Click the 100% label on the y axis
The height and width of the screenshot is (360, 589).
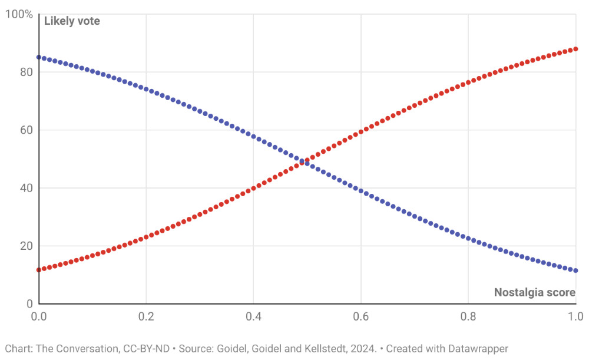19,14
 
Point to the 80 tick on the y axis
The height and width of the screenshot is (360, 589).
27,72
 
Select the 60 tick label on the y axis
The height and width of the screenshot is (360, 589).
27,130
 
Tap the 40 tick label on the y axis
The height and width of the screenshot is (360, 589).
27,188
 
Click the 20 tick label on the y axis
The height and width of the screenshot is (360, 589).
27,246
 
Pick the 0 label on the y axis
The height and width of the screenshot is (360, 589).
29,303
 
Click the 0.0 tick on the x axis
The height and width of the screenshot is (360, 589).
39,317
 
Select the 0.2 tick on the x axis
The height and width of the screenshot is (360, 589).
146,317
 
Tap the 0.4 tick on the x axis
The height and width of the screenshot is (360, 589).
253,317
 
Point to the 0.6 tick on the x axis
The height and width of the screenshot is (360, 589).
360,317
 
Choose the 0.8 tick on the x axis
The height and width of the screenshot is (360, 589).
468,317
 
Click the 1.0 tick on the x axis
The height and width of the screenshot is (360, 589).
574,317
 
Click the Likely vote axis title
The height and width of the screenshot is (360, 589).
72,21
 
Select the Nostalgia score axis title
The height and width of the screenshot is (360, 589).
534,292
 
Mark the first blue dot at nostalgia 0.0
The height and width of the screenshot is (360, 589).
39,57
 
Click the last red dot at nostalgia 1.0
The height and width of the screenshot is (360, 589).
575,49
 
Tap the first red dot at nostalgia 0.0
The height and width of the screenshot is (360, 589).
39,270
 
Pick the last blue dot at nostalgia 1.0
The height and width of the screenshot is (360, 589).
575,270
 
